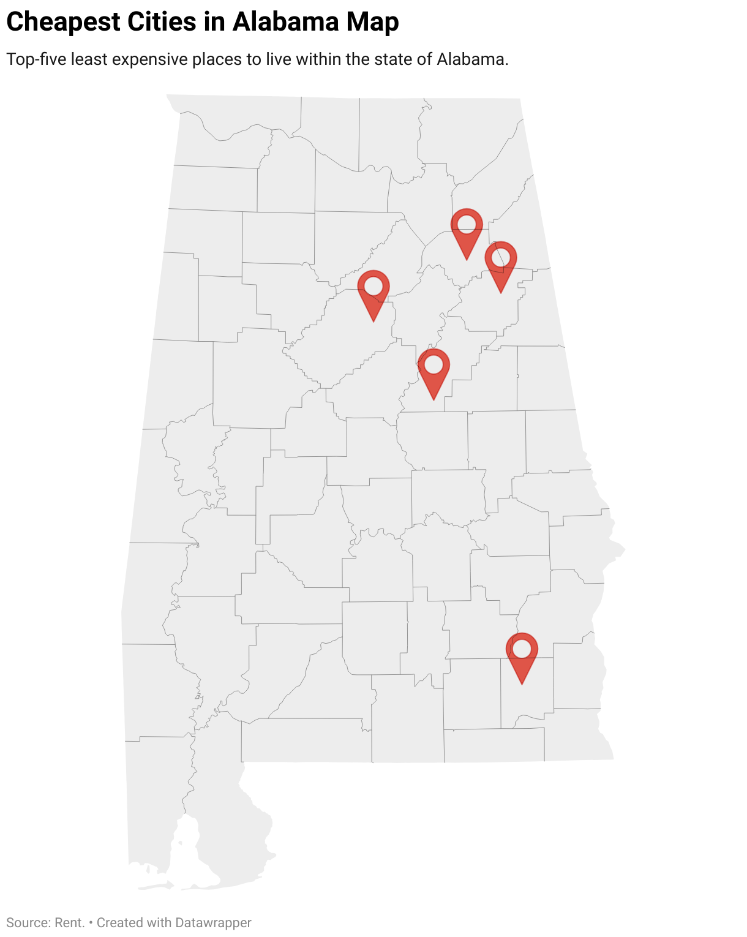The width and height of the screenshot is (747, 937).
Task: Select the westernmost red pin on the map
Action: pos(374,291)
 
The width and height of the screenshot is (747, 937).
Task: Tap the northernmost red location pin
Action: pos(467,229)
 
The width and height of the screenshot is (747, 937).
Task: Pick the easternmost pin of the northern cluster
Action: pos(501,262)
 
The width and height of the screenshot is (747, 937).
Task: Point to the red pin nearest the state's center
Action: pos(434,369)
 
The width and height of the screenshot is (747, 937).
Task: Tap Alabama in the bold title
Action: pos(286,22)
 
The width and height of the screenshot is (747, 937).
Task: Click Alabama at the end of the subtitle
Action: pos(472,59)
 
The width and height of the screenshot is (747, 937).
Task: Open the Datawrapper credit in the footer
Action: pos(213,922)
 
